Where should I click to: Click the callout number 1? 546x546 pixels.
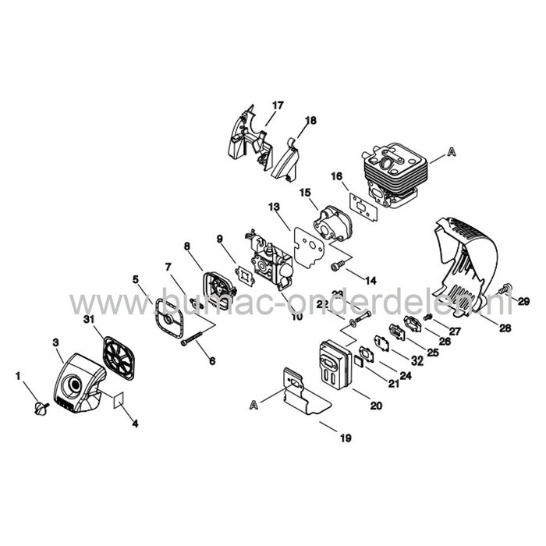click(x=18, y=376)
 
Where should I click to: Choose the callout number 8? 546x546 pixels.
click(x=187, y=246)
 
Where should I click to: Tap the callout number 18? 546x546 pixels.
click(x=311, y=120)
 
